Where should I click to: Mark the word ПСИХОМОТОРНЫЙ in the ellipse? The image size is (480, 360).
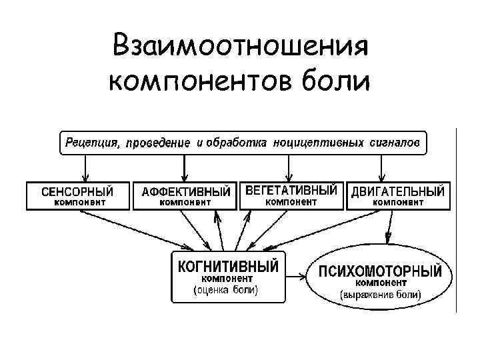pos(380,271)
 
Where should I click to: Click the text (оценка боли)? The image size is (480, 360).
pos(226,290)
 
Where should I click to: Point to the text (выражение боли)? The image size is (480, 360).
pos(381,293)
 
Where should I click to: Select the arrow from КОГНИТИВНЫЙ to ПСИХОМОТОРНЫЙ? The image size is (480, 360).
pos(295,274)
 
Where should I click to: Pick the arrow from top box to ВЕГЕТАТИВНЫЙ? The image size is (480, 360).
pos(288,167)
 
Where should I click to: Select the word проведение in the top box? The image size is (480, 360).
pos(159,143)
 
